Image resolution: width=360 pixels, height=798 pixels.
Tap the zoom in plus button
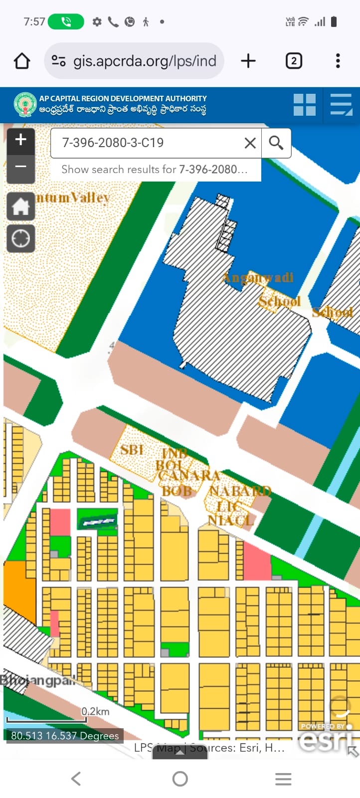coord(20,140)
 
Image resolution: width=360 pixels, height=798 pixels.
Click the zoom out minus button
coord(20,167)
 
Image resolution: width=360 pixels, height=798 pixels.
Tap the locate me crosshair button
coord(20,238)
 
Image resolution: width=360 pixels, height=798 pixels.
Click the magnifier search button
coord(276,143)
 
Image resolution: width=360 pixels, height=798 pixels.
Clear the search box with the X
coord(250,143)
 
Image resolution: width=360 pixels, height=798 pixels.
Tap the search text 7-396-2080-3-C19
coord(113,143)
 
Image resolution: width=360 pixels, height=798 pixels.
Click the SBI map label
coord(132,450)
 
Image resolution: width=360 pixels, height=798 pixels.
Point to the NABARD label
coord(240,491)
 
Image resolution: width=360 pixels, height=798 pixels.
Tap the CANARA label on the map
coord(189,476)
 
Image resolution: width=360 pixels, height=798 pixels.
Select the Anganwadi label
coord(258,278)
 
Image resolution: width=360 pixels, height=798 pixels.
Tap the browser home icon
coord(22,61)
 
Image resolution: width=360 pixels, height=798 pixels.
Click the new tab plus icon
coord(248,61)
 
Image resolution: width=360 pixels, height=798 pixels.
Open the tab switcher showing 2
coord(294,61)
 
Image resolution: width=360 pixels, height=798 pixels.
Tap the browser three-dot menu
coord(338,61)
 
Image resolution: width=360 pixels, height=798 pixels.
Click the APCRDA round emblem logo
coord(25,105)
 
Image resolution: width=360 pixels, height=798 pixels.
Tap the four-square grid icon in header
coord(305,105)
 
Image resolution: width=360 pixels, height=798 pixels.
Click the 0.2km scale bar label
coord(96,712)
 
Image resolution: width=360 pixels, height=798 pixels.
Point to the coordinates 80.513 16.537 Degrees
coord(65,736)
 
